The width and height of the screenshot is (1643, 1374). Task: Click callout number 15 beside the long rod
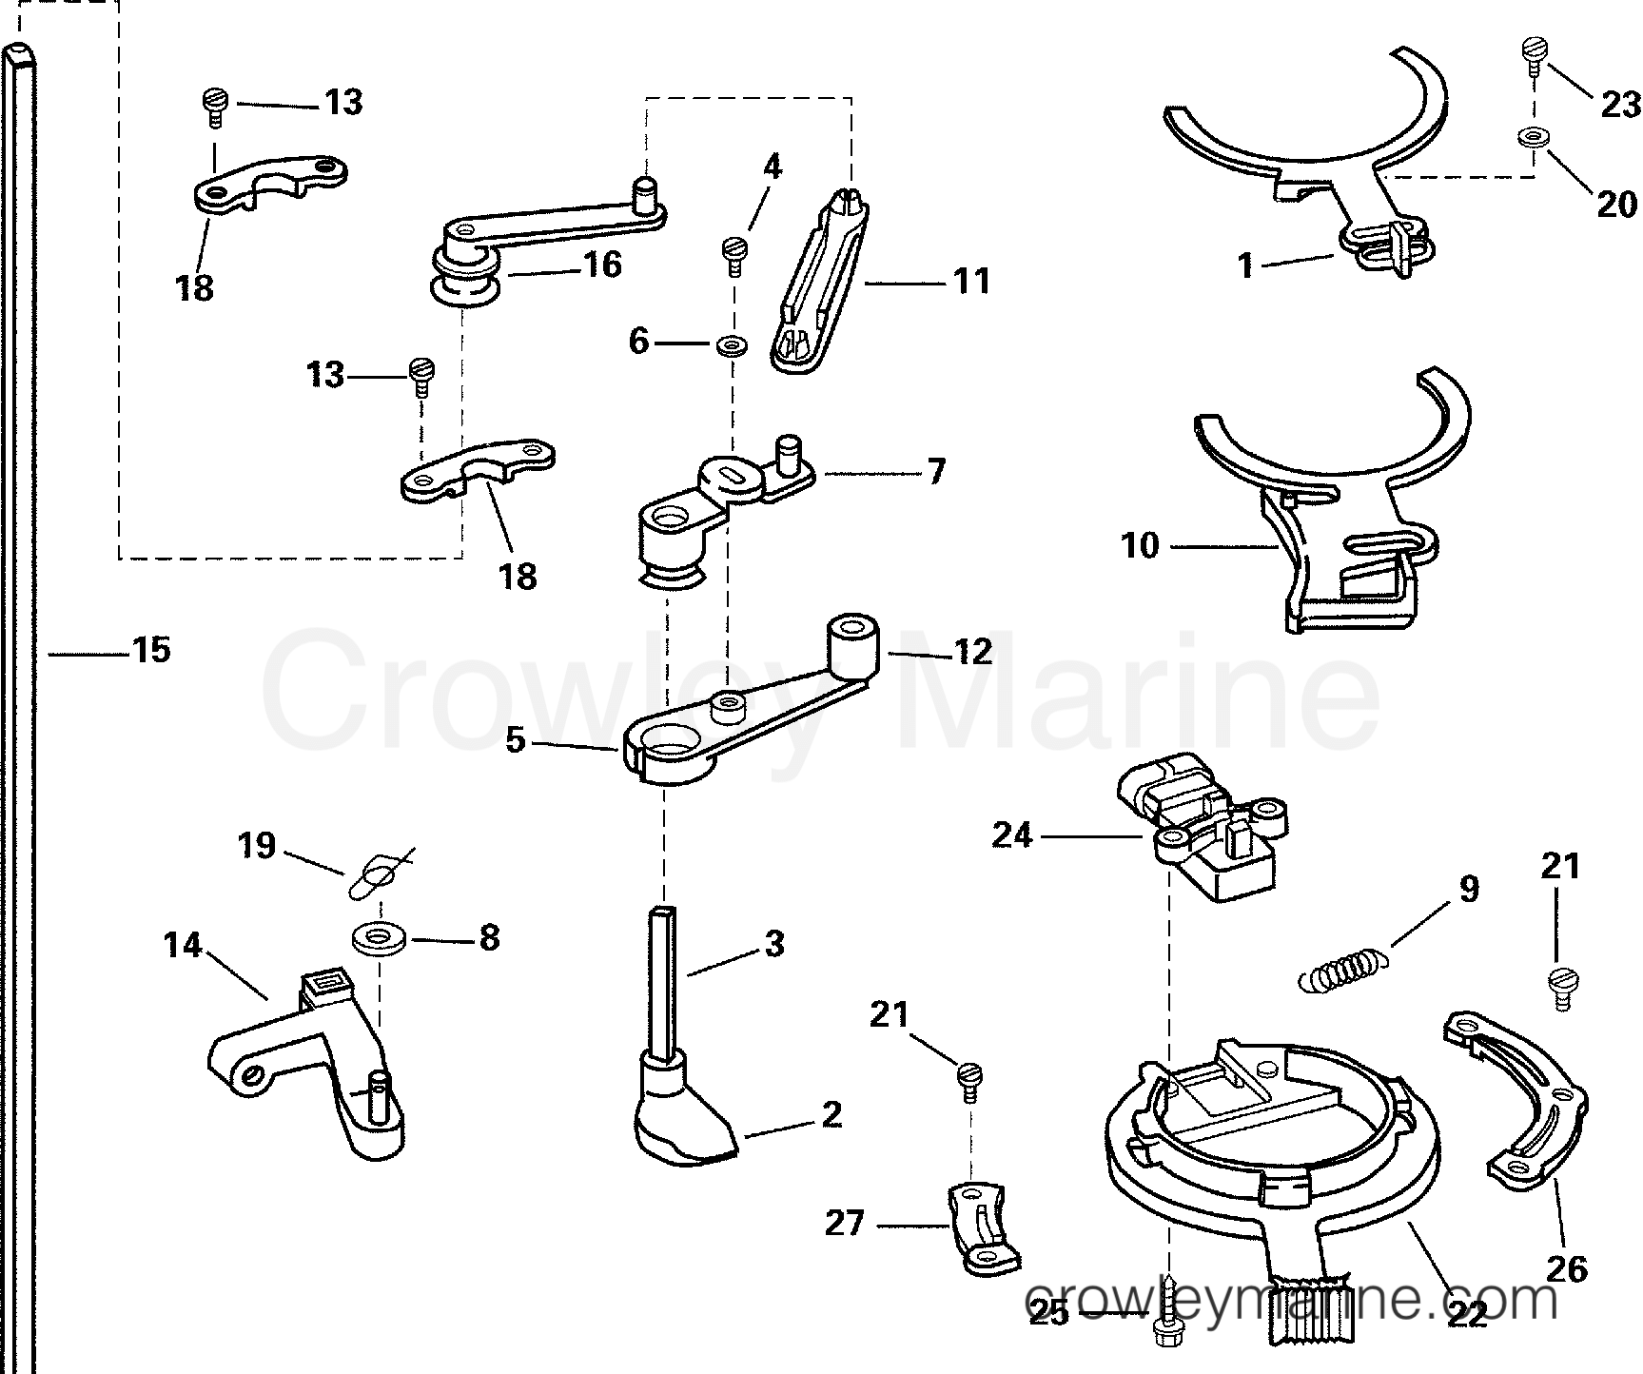pyautogui.click(x=150, y=651)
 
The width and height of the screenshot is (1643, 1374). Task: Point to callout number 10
pyautogui.click(x=1140, y=546)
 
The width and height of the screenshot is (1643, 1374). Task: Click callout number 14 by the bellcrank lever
pyautogui.click(x=183, y=945)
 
